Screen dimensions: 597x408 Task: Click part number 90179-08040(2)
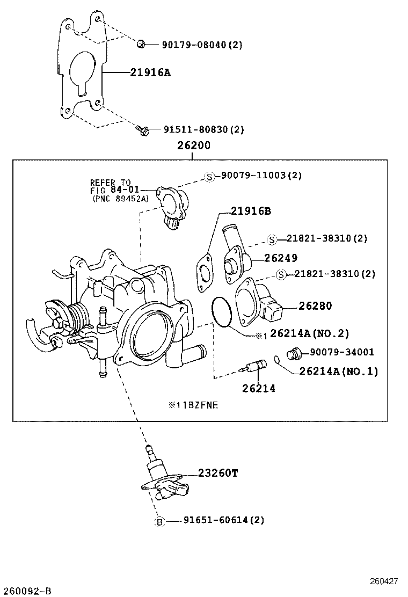[x=202, y=45]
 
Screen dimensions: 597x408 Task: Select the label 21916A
[x=150, y=72]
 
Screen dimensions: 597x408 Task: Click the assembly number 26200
[x=192, y=145]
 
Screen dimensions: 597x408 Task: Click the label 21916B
[x=251, y=211]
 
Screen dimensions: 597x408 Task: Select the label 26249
[x=280, y=258]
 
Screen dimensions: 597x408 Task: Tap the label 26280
[x=315, y=306]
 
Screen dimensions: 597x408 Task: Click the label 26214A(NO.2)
[x=309, y=333]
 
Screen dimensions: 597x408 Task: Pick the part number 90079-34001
[x=341, y=352]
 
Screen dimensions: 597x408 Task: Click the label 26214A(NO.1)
[x=338, y=371]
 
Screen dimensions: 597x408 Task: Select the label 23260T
[x=217, y=473]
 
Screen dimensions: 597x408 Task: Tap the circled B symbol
[x=159, y=521]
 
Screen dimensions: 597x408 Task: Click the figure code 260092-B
[x=26, y=591]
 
